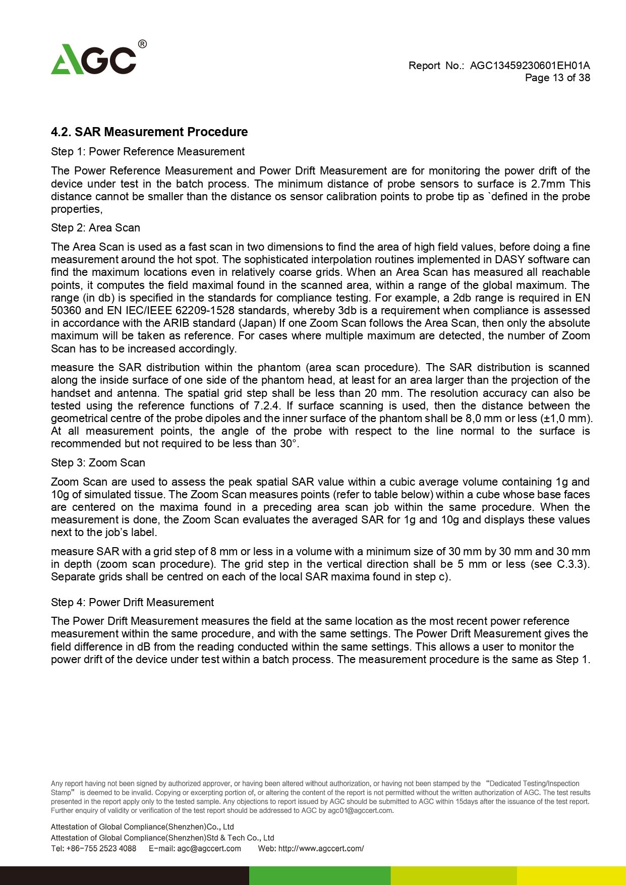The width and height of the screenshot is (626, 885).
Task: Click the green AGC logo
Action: point(94,60)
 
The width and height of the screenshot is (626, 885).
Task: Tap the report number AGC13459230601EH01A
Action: point(530,66)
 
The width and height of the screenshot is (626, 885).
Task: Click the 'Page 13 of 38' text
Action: point(557,78)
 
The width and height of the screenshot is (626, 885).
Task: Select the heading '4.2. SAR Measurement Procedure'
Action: point(149,132)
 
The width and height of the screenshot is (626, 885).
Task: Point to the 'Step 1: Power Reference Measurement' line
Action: point(148,152)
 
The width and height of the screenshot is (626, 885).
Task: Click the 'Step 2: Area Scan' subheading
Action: point(95,228)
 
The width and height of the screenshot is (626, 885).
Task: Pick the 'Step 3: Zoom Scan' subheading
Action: point(98,463)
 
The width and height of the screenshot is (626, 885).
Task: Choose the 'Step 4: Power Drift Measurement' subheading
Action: point(132,603)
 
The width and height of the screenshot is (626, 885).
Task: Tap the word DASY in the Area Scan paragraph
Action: point(509,260)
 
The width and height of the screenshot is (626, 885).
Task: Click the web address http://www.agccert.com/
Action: point(321,848)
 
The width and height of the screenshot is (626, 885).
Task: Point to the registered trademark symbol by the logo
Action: point(142,44)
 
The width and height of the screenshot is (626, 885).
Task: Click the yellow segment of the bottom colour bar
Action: point(571,875)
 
